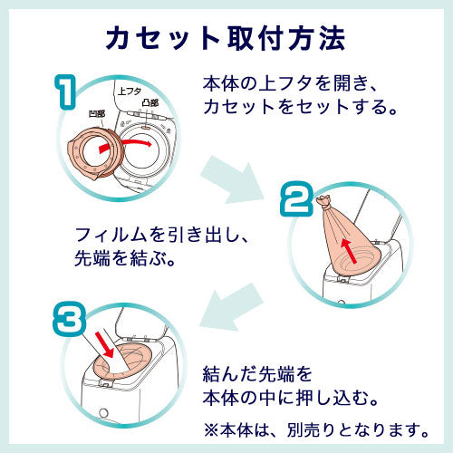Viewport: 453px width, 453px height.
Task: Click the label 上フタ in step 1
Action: click(x=130, y=92)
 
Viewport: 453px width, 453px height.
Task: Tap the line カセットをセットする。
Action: click(x=300, y=109)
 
